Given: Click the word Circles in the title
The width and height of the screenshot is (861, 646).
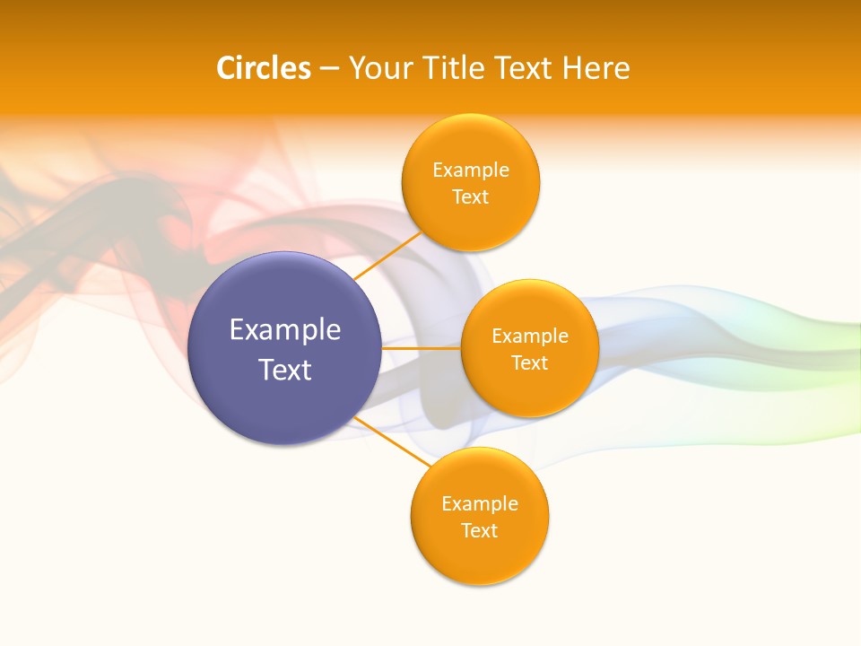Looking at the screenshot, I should coord(264,68).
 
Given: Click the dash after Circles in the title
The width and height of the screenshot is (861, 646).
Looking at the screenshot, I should coord(329,69).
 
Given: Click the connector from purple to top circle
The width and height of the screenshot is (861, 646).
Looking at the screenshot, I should coord(387,255).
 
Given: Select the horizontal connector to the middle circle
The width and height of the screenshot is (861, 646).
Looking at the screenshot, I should coord(421,348).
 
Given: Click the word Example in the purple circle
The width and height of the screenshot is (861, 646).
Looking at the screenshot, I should coord(285,330).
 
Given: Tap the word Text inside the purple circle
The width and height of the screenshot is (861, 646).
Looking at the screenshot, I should coord(285,370).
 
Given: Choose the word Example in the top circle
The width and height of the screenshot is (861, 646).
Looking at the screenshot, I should coord(471,170).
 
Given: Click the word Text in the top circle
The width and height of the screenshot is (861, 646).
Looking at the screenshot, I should coord(470,197).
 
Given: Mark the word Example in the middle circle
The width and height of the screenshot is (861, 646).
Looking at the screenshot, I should coord(530,336).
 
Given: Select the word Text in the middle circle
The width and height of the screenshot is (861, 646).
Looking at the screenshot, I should coord(530,363).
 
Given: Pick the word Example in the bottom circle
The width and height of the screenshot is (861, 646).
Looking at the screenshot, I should coord(480,504).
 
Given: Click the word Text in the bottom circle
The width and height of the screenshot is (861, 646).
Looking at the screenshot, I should coord(480,531).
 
